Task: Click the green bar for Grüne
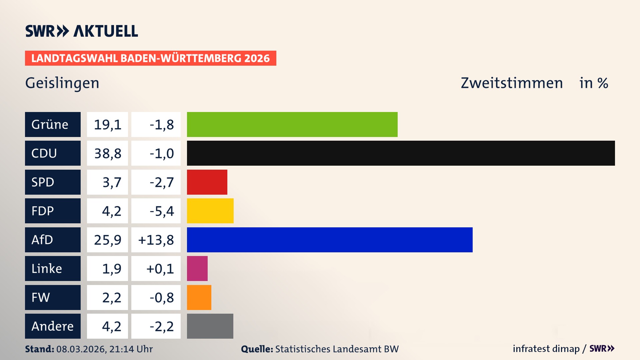pyautogui.click(x=292, y=124)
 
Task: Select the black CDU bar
pyautogui.click(x=401, y=153)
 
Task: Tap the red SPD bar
pyautogui.click(x=207, y=182)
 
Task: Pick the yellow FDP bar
pyautogui.click(x=210, y=211)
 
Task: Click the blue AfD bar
pyautogui.click(x=330, y=240)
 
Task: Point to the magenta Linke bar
pyautogui.click(x=197, y=268)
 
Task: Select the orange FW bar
pyautogui.click(x=199, y=297)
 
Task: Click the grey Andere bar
pyautogui.click(x=210, y=326)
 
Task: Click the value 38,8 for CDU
pyautogui.click(x=107, y=153)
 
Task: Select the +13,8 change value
pyautogui.click(x=156, y=240)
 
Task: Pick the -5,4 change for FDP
pyautogui.click(x=162, y=211)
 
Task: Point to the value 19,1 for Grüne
pyautogui.click(x=107, y=125)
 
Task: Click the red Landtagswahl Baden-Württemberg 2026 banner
pyautogui.click(x=150, y=58)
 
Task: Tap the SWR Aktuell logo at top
pyautogui.click(x=81, y=31)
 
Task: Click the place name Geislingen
pyautogui.click(x=62, y=83)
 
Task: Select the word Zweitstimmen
pyautogui.click(x=512, y=83)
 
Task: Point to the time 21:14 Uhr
pyautogui.click(x=131, y=349)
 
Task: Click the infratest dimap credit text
pyautogui.click(x=546, y=349)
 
